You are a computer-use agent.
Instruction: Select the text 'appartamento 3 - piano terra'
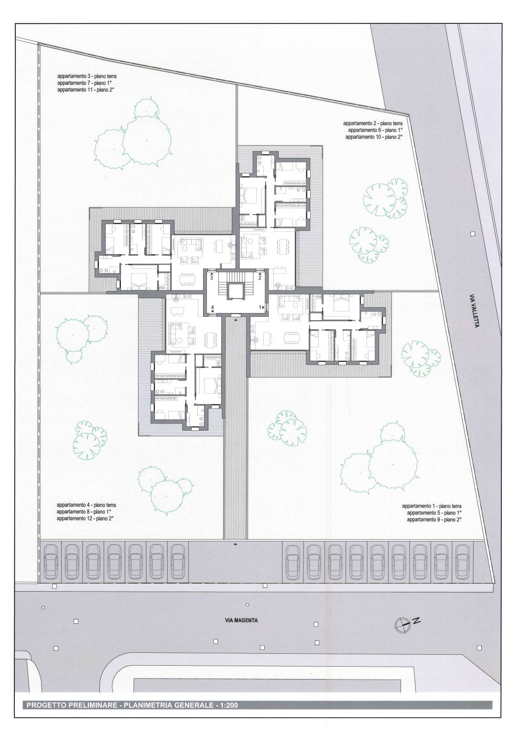(x=87, y=76)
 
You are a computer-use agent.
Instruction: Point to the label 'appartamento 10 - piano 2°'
(x=374, y=137)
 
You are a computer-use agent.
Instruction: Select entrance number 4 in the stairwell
(x=213, y=307)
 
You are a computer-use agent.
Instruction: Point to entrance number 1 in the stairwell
(x=261, y=307)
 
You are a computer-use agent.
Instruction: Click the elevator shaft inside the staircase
(x=236, y=291)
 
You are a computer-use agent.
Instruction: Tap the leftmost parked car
(x=51, y=561)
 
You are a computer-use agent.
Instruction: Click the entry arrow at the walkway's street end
(x=235, y=544)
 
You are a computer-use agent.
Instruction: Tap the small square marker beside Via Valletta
(x=472, y=234)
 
